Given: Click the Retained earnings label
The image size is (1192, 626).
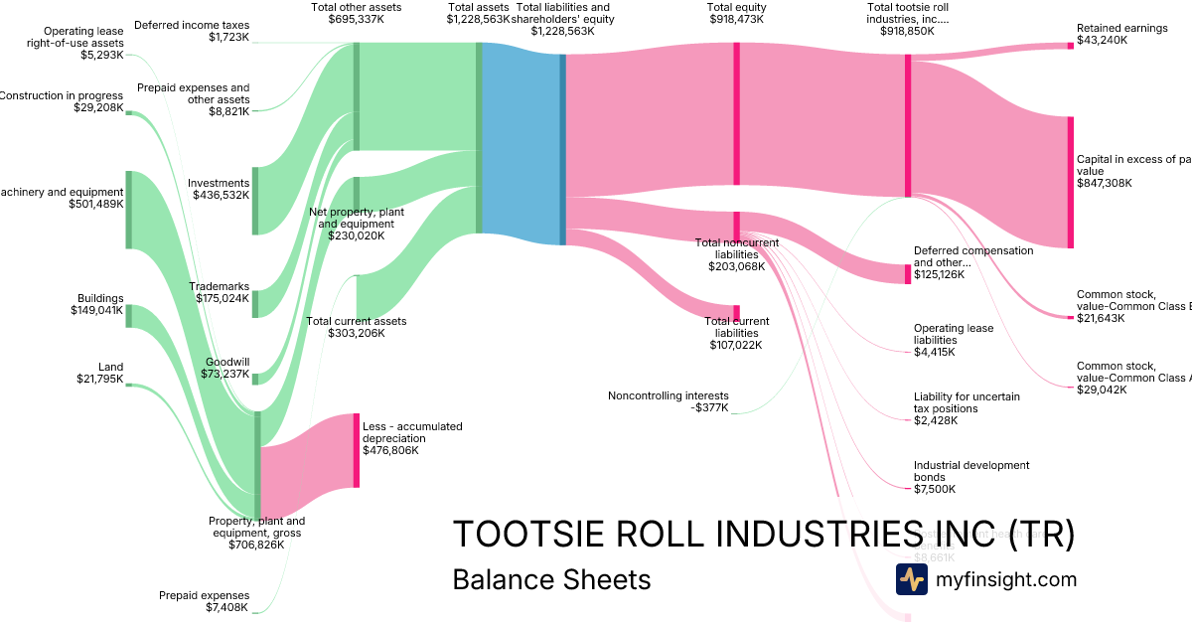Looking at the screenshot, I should (x=1121, y=28).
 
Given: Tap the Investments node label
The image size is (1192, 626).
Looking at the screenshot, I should (x=219, y=183).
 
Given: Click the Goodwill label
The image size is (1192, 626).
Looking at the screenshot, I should (x=227, y=362).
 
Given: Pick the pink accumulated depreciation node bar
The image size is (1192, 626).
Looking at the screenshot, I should (x=357, y=450).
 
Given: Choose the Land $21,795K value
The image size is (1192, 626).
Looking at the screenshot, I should (x=100, y=379).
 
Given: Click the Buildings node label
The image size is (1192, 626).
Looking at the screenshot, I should (x=100, y=298).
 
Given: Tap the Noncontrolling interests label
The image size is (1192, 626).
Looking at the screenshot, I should (x=668, y=395).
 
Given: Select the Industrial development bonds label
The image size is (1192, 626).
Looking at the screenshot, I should (x=970, y=471).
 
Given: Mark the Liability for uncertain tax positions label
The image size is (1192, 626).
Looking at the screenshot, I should (x=966, y=402).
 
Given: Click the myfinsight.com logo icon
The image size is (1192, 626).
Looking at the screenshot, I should (x=911, y=579).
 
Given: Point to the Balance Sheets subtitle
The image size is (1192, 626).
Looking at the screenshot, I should (x=551, y=579).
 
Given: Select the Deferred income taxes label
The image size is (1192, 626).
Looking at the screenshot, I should (x=192, y=25).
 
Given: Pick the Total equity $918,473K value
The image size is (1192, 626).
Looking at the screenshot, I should (x=737, y=19).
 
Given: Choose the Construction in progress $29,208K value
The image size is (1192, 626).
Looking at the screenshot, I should (x=98, y=107).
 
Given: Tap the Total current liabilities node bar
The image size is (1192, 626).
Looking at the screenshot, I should (x=736, y=313).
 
